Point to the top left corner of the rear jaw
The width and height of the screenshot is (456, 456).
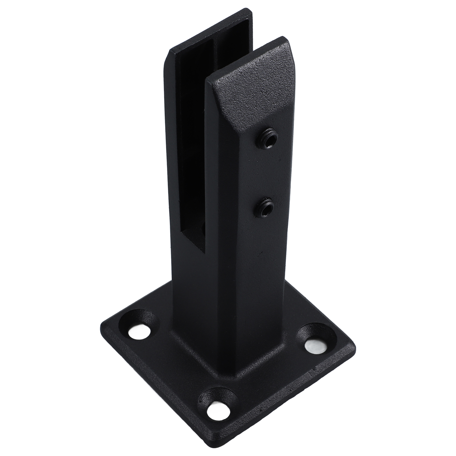tap(170, 51)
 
